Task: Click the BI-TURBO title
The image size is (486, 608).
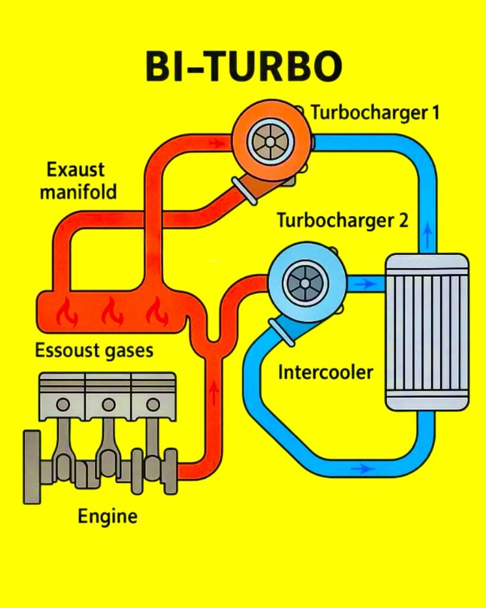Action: coord(243,67)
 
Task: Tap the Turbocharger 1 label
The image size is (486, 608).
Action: coord(375,112)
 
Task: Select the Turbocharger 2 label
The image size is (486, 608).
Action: coord(342,221)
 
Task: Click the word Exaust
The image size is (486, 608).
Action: coord(76,170)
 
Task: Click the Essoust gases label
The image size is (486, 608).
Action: coord(94,350)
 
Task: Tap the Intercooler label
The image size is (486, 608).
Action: coord(326,372)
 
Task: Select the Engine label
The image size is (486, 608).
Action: coord(107,515)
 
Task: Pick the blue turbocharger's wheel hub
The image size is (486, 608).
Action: coord(304,283)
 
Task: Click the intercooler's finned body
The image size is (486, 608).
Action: coord(427,332)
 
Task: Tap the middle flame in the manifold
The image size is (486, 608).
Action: coord(111,312)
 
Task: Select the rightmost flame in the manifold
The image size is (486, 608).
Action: coord(157,312)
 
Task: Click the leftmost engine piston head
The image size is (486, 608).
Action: coord(62,396)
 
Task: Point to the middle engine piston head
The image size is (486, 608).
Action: coord(108,396)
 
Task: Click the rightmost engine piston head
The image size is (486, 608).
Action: coord(153,396)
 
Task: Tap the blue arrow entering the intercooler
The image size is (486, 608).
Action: coord(366,284)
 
